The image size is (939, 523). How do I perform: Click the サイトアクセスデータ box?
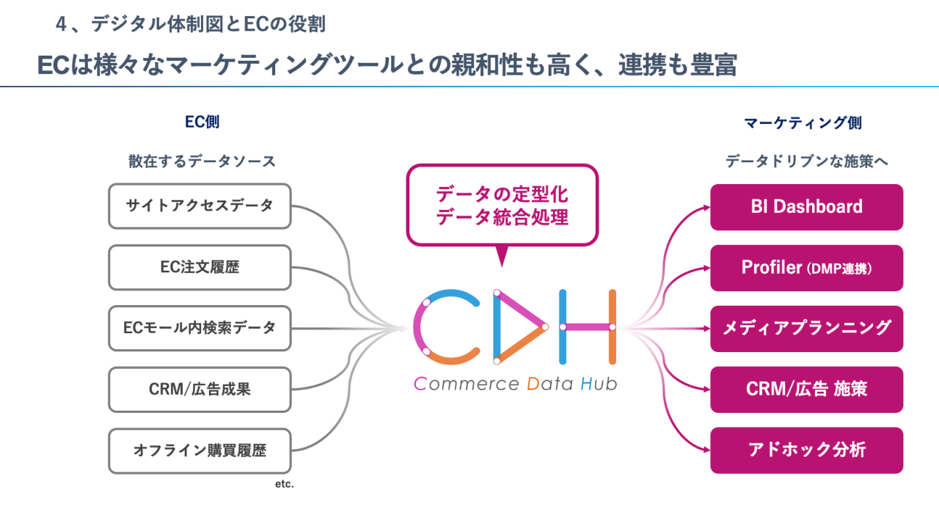tap(200, 206)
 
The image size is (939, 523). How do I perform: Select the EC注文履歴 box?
tap(200, 267)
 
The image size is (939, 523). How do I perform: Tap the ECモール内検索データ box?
tap(200, 328)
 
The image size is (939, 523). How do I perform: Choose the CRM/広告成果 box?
tap(200, 389)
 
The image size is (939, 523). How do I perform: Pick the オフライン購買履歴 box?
tap(200, 450)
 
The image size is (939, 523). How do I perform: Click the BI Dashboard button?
tap(806, 207)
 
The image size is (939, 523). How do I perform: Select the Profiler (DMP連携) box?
tap(806, 268)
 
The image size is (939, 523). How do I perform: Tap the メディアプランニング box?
tap(806, 329)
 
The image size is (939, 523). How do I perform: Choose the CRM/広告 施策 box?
tap(806, 389)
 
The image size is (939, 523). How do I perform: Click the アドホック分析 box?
tap(806, 450)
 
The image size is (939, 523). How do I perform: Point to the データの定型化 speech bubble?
tap(502, 205)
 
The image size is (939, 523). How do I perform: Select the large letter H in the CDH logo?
tap(588, 327)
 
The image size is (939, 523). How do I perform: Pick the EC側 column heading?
tap(202, 122)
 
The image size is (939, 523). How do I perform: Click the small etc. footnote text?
tap(284, 484)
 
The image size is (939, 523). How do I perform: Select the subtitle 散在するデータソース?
tap(202, 161)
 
